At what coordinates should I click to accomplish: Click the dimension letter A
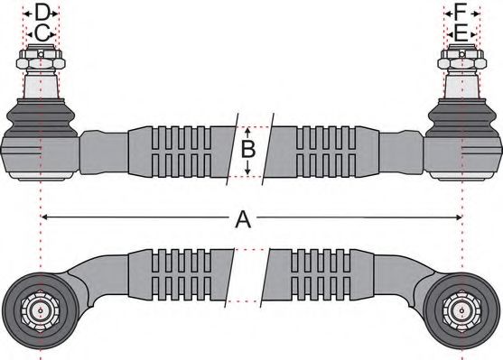pyautogui.click(x=242, y=218)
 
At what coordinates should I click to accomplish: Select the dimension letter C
pyautogui.click(x=41, y=34)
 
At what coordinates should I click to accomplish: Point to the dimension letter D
pyautogui.click(x=41, y=13)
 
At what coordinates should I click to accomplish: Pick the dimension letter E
pyautogui.click(x=461, y=34)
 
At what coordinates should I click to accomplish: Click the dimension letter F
pyautogui.click(x=461, y=13)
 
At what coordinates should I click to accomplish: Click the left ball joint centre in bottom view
pyautogui.click(x=41, y=309)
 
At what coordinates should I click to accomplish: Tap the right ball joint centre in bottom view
pyautogui.click(x=461, y=309)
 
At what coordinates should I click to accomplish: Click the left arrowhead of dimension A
pyautogui.click(x=46, y=217)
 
